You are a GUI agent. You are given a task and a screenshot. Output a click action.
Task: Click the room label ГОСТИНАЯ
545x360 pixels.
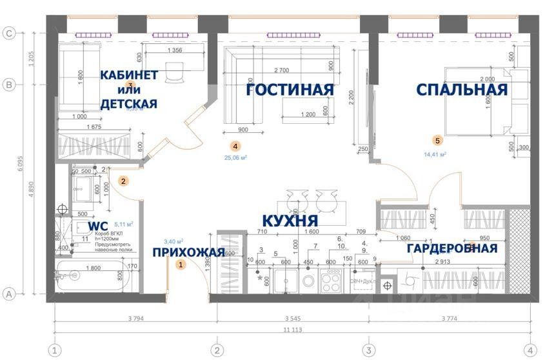point(290,90)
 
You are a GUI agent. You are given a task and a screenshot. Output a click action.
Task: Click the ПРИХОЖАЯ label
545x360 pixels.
point(188,252)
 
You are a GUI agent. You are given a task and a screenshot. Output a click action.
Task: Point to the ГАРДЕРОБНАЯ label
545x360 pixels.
point(452,248)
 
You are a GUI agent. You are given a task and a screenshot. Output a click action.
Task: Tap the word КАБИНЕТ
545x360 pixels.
point(129,75)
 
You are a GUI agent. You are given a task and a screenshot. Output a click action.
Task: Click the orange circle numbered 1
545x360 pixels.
point(181,264)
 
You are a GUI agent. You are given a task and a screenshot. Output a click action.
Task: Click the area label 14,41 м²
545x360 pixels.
point(436,154)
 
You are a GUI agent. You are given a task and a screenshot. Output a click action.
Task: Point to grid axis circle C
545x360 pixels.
point(9,34)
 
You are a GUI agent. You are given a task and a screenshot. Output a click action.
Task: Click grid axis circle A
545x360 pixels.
point(9,294)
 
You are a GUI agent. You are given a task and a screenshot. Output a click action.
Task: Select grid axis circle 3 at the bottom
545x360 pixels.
point(368,350)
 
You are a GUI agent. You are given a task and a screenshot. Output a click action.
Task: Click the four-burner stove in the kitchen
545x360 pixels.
point(331,280)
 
